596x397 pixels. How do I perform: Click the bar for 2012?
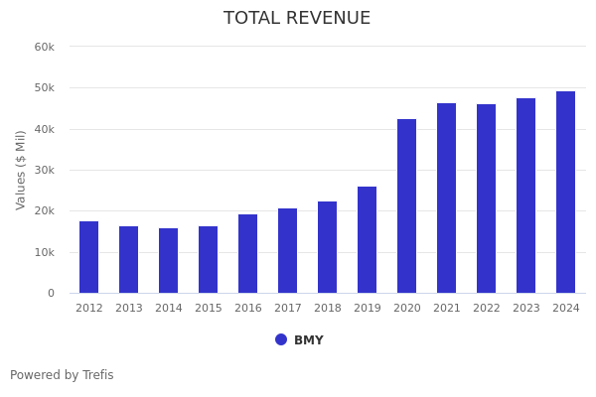tap(89, 257)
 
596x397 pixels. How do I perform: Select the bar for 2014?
tap(169, 261)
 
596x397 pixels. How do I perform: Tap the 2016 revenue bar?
tap(248, 254)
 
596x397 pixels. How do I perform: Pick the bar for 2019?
tap(368, 240)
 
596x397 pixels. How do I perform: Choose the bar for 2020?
tap(407, 206)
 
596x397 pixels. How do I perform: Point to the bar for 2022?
tap(487, 198)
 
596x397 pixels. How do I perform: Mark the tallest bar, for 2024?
tap(566, 193)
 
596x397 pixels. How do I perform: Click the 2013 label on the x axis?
tap(129, 309)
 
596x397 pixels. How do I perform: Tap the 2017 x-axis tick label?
tap(288, 309)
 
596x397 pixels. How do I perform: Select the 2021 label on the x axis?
tap(447, 309)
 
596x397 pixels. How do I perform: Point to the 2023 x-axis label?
tap(526, 309)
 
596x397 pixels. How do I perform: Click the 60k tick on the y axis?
tap(44, 47)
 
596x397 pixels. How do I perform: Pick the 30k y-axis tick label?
tap(44, 170)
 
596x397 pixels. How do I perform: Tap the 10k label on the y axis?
tap(44, 252)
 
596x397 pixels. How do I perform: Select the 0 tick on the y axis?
tap(51, 293)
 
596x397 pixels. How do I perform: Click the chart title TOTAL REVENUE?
tap(297, 19)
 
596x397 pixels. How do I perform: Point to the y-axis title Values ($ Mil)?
tap(21, 170)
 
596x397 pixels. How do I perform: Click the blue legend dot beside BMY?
tap(281, 339)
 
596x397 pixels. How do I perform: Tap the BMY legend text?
tap(309, 340)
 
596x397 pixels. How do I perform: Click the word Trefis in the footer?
tap(97, 375)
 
